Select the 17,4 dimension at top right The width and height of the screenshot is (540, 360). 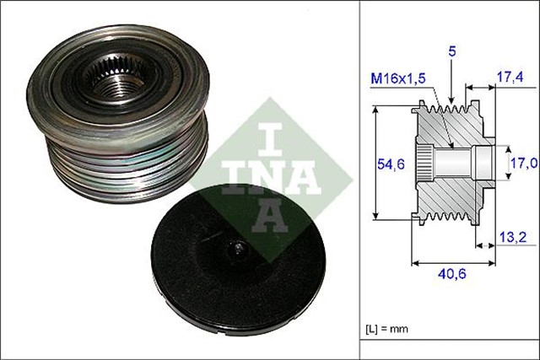[x=509, y=78]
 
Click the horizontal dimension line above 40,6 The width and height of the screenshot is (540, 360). [x=453, y=262]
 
